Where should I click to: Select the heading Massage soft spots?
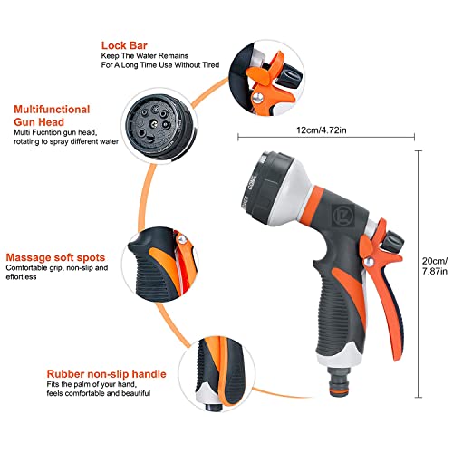coord(53,256)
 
